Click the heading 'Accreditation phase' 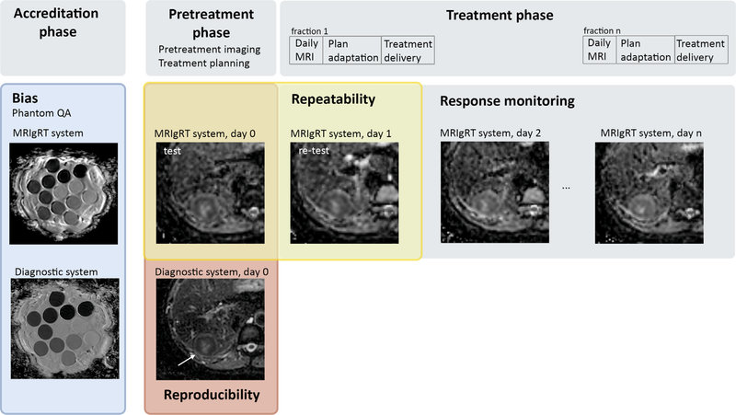(x=56, y=22)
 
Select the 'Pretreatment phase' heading (x=212, y=23)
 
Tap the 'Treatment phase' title (x=500, y=15)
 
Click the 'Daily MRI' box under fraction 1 (x=306, y=51)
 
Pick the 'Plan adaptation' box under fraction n (x=646, y=50)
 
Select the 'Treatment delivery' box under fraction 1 (x=408, y=51)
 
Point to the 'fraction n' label (x=602, y=30)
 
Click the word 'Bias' (x=25, y=98)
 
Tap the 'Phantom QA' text (x=41, y=113)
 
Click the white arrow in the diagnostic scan (x=187, y=360)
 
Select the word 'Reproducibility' (x=212, y=395)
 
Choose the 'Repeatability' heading (x=333, y=99)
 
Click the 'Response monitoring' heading (x=507, y=101)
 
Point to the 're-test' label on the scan (x=314, y=151)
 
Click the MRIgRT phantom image (x=63, y=193)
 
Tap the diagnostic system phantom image (x=64, y=329)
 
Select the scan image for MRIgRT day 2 (x=495, y=192)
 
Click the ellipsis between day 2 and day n (x=566, y=188)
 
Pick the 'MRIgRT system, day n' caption (x=651, y=133)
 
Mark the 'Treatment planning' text (x=203, y=63)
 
